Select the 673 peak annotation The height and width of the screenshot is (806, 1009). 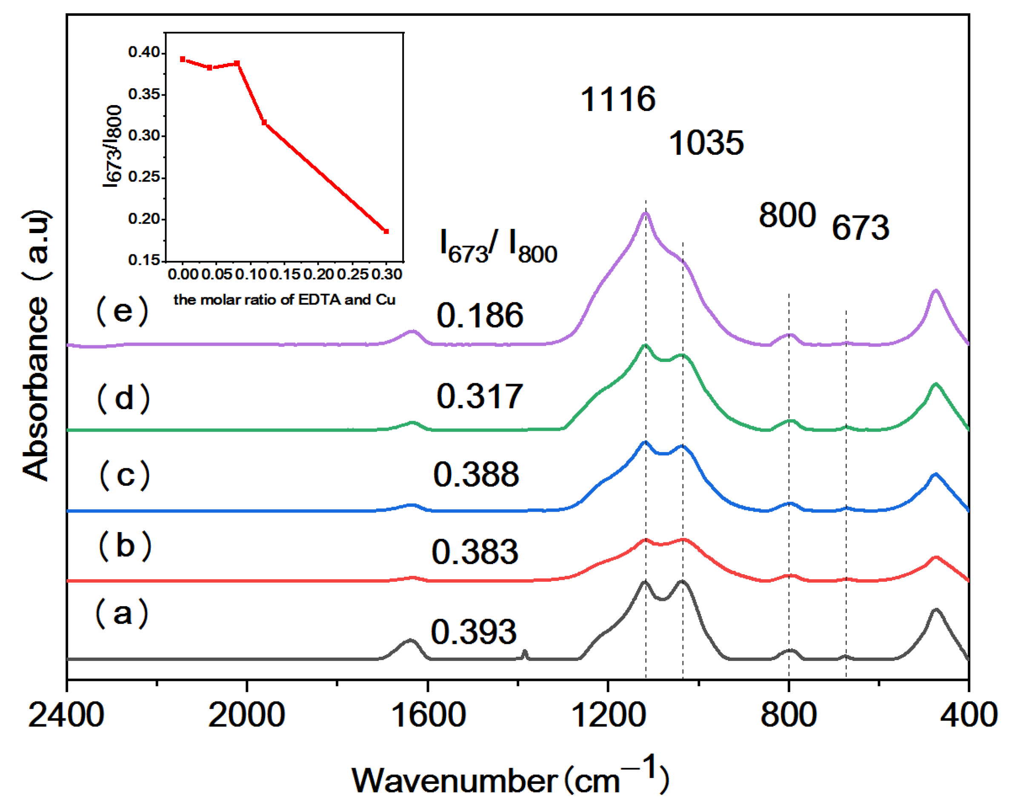pyautogui.click(x=860, y=228)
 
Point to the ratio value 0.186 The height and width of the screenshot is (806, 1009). pyautogui.click(x=479, y=314)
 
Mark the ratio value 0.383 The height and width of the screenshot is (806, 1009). pyautogui.click(x=474, y=552)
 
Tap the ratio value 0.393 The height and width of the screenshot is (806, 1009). pyautogui.click(x=474, y=632)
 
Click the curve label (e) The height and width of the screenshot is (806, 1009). pyautogui.click(x=123, y=311)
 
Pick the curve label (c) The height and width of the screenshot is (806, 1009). pyautogui.click(x=125, y=475)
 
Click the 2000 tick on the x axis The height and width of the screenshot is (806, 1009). pyautogui.click(x=247, y=715)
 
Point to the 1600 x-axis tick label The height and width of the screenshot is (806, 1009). pyautogui.click(x=427, y=715)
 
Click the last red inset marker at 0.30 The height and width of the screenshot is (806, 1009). pyautogui.click(x=386, y=231)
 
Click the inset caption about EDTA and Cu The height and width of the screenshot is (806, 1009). pyautogui.click(x=285, y=299)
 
